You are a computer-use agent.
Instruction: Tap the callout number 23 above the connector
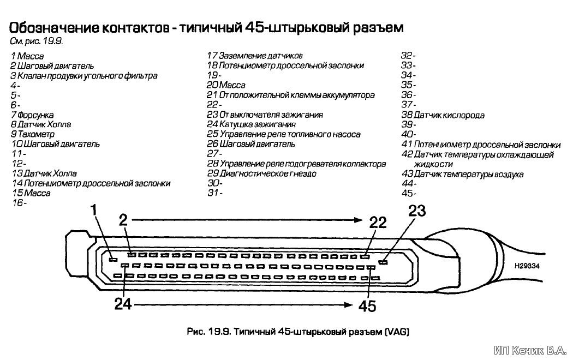[417, 211]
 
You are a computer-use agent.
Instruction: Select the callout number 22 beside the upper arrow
[378, 223]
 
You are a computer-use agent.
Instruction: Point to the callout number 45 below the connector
[367, 306]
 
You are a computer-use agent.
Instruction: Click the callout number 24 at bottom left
[123, 304]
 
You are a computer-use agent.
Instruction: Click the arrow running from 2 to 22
[247, 219]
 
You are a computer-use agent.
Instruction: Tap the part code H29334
[527, 266]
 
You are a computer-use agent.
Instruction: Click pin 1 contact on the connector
[114, 259]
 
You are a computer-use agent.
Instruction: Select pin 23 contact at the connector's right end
[383, 262]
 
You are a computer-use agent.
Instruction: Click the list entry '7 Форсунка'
[32, 115]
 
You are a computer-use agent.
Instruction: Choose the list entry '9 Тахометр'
[33, 134]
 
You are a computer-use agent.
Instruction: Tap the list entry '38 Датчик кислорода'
[443, 115]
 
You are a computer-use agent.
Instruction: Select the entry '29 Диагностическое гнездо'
[261, 173]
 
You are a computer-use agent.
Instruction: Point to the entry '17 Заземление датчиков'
[255, 56]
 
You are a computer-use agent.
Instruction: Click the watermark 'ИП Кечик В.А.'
[530, 351]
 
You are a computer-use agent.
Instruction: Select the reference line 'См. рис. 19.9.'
[37, 41]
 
